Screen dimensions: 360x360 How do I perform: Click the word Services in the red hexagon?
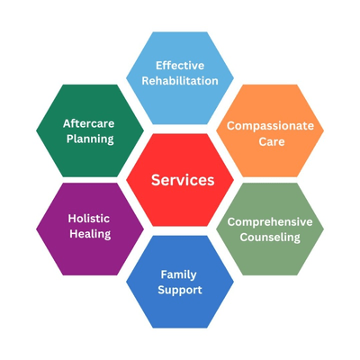[x=183, y=180]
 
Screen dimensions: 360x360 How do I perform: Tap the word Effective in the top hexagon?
[x=180, y=66]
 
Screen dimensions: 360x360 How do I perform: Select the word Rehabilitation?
[x=180, y=81]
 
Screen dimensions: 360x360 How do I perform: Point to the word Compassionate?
[x=270, y=126]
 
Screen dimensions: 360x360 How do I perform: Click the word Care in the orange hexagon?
[x=272, y=141]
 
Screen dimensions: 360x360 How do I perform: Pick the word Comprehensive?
[x=270, y=222]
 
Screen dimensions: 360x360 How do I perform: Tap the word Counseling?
[x=270, y=238]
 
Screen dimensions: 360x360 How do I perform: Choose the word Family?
[x=178, y=274]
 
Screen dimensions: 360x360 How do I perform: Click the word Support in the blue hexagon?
[x=180, y=291]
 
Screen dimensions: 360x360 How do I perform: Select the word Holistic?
[x=89, y=219]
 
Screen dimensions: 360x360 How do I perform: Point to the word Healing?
[x=90, y=234]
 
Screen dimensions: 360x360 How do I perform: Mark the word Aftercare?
[x=89, y=123]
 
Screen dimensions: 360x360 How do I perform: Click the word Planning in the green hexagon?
[x=90, y=139]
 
